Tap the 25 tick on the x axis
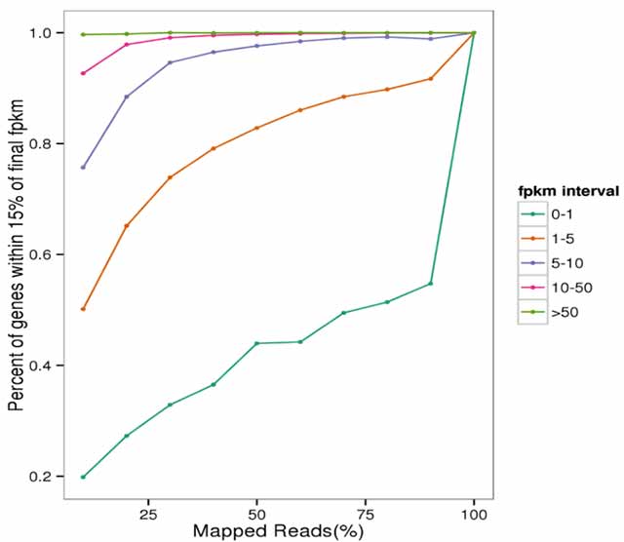148,512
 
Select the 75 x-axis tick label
365,512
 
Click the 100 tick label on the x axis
474,512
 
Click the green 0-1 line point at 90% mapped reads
430,284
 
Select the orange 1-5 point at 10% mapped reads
83,309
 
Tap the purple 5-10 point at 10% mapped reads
83,168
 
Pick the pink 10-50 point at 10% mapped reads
83,73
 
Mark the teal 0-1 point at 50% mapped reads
256,343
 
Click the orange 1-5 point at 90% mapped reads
430,79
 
